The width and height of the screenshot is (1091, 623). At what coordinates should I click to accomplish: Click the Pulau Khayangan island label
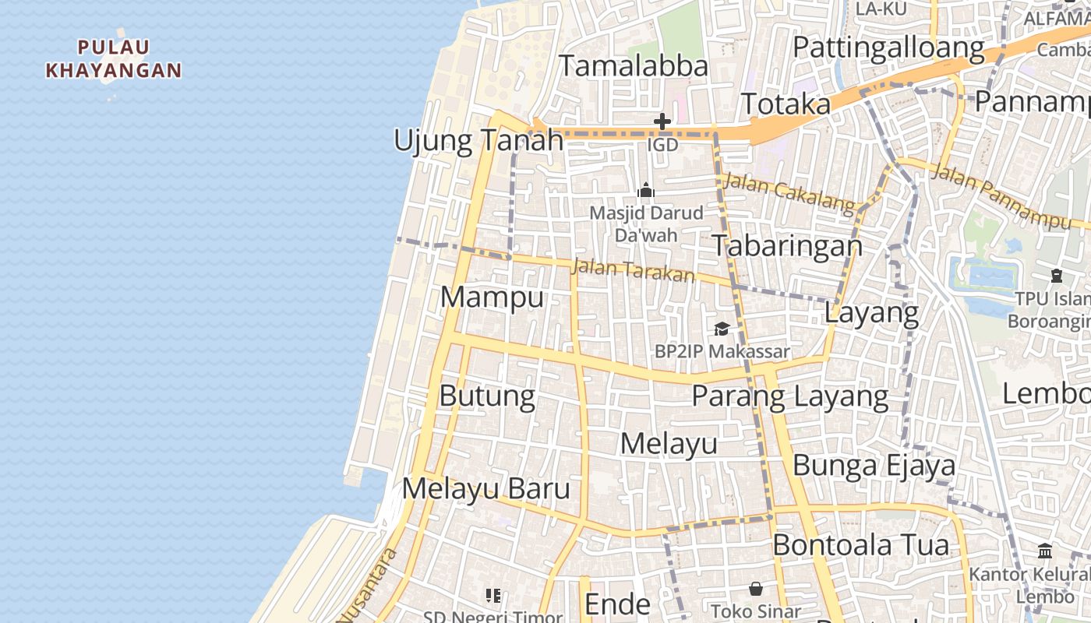coord(114,59)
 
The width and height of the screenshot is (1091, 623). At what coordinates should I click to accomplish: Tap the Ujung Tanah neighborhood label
coord(478,141)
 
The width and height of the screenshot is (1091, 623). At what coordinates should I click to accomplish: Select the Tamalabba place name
coord(634,66)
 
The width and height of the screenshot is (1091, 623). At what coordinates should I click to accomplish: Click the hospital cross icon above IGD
coord(662,121)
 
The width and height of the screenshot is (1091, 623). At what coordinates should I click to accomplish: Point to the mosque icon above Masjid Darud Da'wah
coord(646,191)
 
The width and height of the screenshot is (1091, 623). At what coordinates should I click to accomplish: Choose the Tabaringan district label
coord(788,246)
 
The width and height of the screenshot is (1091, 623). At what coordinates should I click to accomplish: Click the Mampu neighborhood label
coord(492,297)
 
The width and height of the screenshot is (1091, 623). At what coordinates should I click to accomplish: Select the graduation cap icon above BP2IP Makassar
coord(722,329)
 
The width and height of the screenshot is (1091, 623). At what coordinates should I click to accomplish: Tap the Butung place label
coord(487,396)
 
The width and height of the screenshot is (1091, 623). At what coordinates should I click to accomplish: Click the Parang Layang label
coord(789,396)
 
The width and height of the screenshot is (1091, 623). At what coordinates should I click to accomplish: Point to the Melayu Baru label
coord(486,489)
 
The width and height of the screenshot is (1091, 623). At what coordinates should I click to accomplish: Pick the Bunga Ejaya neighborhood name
coord(874,466)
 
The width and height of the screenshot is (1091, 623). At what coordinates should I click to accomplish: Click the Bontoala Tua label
coord(860,545)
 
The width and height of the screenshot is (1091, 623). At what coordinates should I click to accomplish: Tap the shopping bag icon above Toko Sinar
coord(755,589)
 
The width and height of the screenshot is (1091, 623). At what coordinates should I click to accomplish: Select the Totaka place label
coord(786,104)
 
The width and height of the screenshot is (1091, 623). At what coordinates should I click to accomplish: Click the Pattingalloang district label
coord(888,48)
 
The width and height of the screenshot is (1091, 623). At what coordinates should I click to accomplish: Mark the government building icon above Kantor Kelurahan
coord(1045,551)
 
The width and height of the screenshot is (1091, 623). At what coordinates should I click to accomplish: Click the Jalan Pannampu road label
coord(1001,198)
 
